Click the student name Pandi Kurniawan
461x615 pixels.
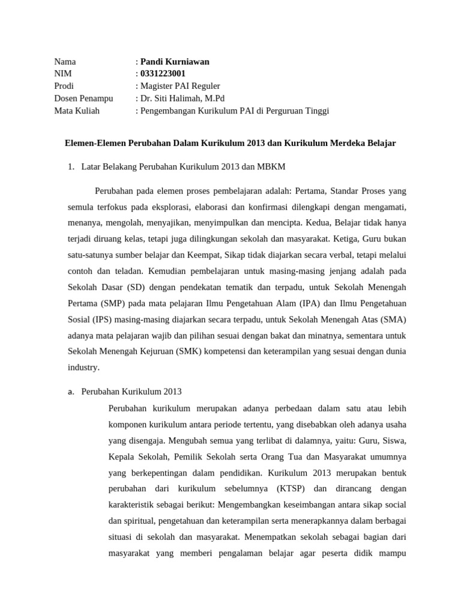tap(175, 61)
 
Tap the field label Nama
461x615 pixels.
tap(65, 61)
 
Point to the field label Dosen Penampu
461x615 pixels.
tap(83, 98)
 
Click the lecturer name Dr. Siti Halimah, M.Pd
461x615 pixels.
tap(182, 98)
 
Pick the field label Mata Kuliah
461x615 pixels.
tap(77, 111)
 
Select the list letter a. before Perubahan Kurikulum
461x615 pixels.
tap(70, 392)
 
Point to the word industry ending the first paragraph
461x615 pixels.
tap(84, 366)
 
